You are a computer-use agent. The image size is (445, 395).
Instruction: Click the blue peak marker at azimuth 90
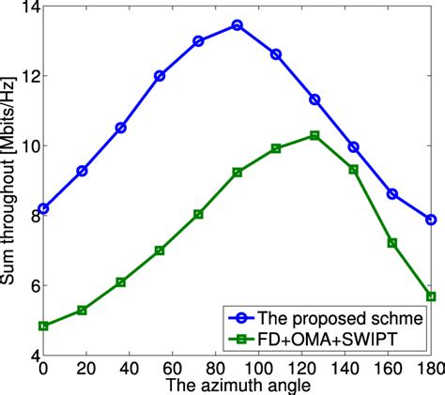pyautogui.click(x=237, y=25)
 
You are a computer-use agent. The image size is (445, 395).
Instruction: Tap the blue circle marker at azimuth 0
pyautogui.click(x=43, y=208)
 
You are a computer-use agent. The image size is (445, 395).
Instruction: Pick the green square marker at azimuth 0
pyautogui.click(x=43, y=326)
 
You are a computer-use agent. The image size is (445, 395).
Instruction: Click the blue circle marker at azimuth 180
pyautogui.click(x=431, y=220)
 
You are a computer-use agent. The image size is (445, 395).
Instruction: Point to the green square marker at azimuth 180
pyautogui.click(x=431, y=296)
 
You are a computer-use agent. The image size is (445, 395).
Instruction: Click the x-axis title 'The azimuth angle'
pyautogui.click(x=235, y=386)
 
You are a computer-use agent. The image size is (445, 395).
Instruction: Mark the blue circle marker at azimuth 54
pyautogui.click(x=160, y=75)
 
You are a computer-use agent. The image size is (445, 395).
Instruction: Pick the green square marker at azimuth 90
pyautogui.click(x=237, y=173)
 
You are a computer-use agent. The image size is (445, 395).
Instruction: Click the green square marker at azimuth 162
pyautogui.click(x=392, y=242)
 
